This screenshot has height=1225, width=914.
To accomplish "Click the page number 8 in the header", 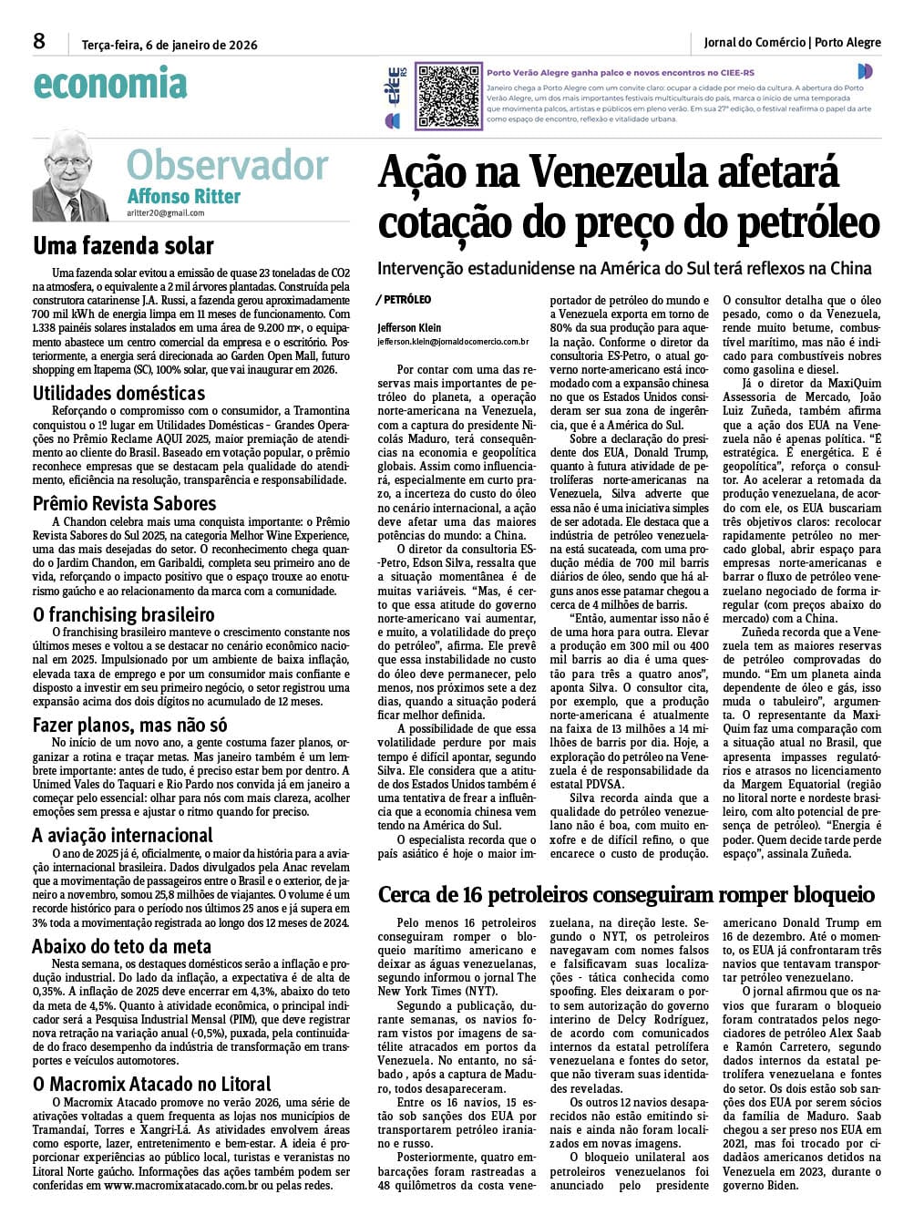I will coord(38,41).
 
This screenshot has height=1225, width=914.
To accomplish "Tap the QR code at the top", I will coord(447,95).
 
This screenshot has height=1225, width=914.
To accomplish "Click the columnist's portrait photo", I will coord(70,175).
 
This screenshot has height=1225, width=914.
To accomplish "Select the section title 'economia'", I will coord(109,85).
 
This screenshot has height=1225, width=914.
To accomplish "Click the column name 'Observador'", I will coord(227,166).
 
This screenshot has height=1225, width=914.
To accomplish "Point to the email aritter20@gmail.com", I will coord(166,213).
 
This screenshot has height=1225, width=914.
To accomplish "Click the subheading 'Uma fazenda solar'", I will coord(123,246).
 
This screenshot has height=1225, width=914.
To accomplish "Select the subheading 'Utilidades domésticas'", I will coord(118,394).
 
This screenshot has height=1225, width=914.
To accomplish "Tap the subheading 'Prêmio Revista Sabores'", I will coord(125,504).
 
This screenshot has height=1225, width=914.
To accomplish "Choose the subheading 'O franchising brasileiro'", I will coord(123,614).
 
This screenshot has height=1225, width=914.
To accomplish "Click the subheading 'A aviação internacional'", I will coord(122,835).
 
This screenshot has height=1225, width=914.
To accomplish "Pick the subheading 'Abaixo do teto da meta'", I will coord(121,946).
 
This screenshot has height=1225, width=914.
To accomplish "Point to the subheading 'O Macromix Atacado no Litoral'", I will coord(151,1084).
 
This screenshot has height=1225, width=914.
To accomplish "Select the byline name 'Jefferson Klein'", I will coord(408,326).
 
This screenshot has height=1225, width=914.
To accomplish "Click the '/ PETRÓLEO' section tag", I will coord(403,299).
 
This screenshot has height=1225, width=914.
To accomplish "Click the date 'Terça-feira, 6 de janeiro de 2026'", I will coord(169,45).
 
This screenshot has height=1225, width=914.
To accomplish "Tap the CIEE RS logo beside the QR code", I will coord(394,95).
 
